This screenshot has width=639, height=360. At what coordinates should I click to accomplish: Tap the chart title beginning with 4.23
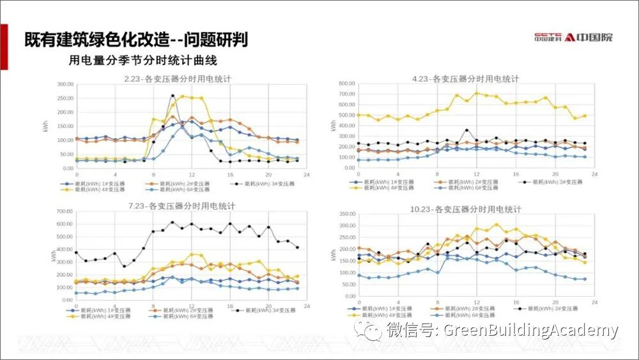coord(465,79)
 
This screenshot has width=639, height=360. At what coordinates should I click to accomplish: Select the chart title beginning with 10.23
coord(467,209)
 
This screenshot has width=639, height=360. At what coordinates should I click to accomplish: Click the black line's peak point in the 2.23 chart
coord(173,96)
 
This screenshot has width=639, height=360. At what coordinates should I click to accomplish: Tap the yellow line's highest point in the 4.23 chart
coord(476,93)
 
